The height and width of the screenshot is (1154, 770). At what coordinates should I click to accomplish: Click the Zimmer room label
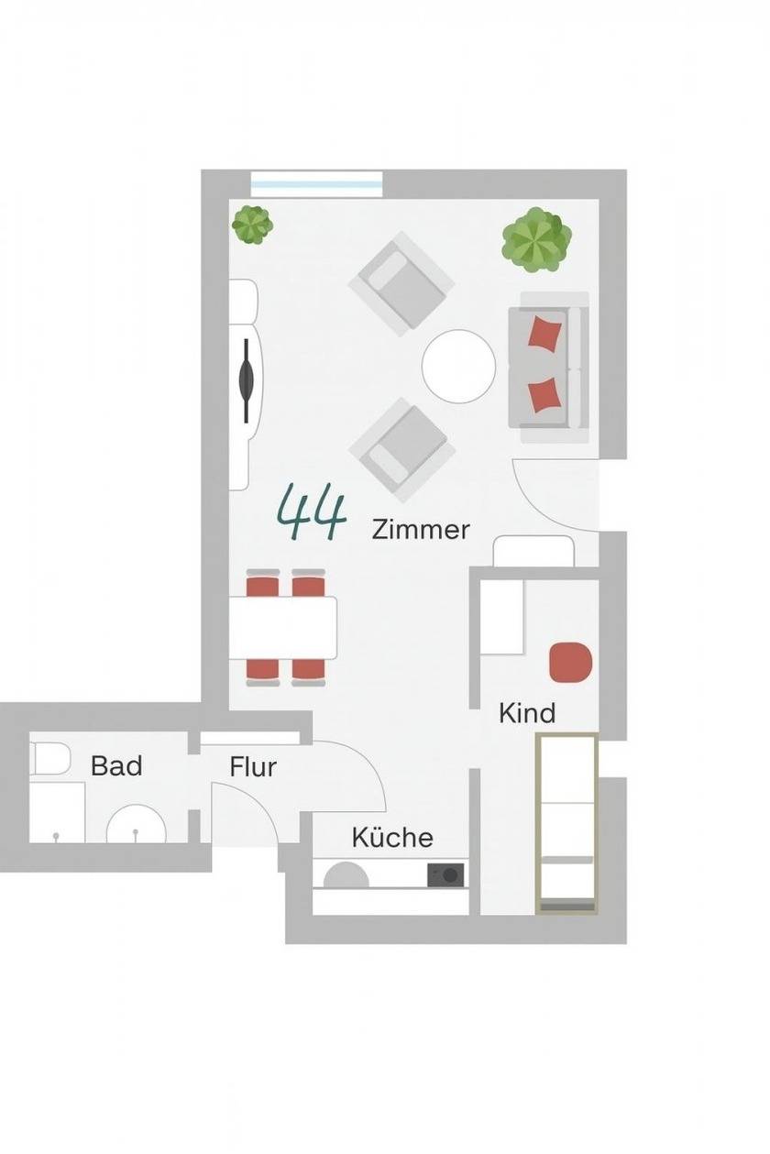[x=420, y=530]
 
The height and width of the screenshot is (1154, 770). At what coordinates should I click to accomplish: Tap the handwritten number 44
[x=311, y=511]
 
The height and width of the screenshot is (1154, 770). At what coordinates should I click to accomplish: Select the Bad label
[x=116, y=765]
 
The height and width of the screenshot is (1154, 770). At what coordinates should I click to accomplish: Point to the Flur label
[x=253, y=767]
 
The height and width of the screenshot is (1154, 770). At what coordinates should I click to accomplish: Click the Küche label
[x=392, y=837]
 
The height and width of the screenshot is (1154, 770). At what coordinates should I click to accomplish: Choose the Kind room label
[x=527, y=713]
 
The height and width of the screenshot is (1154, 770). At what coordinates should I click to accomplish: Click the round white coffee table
[x=458, y=367]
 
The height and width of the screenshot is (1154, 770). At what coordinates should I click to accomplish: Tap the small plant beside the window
[x=252, y=225]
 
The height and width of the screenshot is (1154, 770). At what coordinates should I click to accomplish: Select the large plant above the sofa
[x=537, y=240]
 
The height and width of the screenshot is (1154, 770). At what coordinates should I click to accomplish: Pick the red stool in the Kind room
[x=571, y=662]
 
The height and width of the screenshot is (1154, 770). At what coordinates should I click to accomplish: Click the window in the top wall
[x=316, y=184]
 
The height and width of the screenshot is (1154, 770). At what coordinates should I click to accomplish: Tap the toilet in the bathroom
[x=49, y=757]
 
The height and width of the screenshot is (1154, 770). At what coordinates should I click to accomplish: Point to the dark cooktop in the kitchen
[x=445, y=874]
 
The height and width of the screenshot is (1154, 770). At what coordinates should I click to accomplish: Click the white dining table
[x=282, y=628]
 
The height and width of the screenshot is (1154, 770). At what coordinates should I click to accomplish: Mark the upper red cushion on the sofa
[x=544, y=334]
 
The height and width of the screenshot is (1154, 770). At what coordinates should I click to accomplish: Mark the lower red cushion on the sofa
[x=544, y=395]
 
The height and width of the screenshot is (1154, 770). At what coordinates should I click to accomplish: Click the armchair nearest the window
[x=401, y=284]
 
